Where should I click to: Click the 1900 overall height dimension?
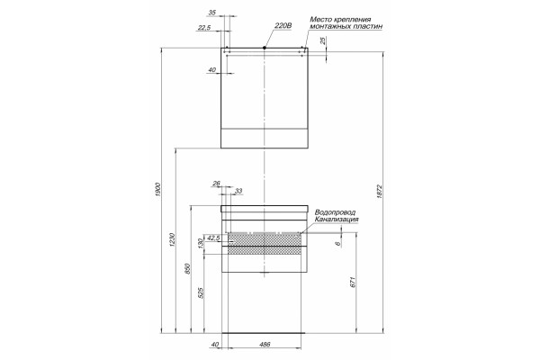158,190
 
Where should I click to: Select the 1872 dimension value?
380,192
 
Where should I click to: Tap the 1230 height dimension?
173,239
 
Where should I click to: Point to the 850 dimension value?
188,269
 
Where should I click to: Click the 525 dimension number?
202,292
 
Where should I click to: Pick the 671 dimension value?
352,282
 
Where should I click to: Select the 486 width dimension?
265,344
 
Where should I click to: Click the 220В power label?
283,25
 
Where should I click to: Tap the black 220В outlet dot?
264,48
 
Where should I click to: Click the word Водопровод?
335,212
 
